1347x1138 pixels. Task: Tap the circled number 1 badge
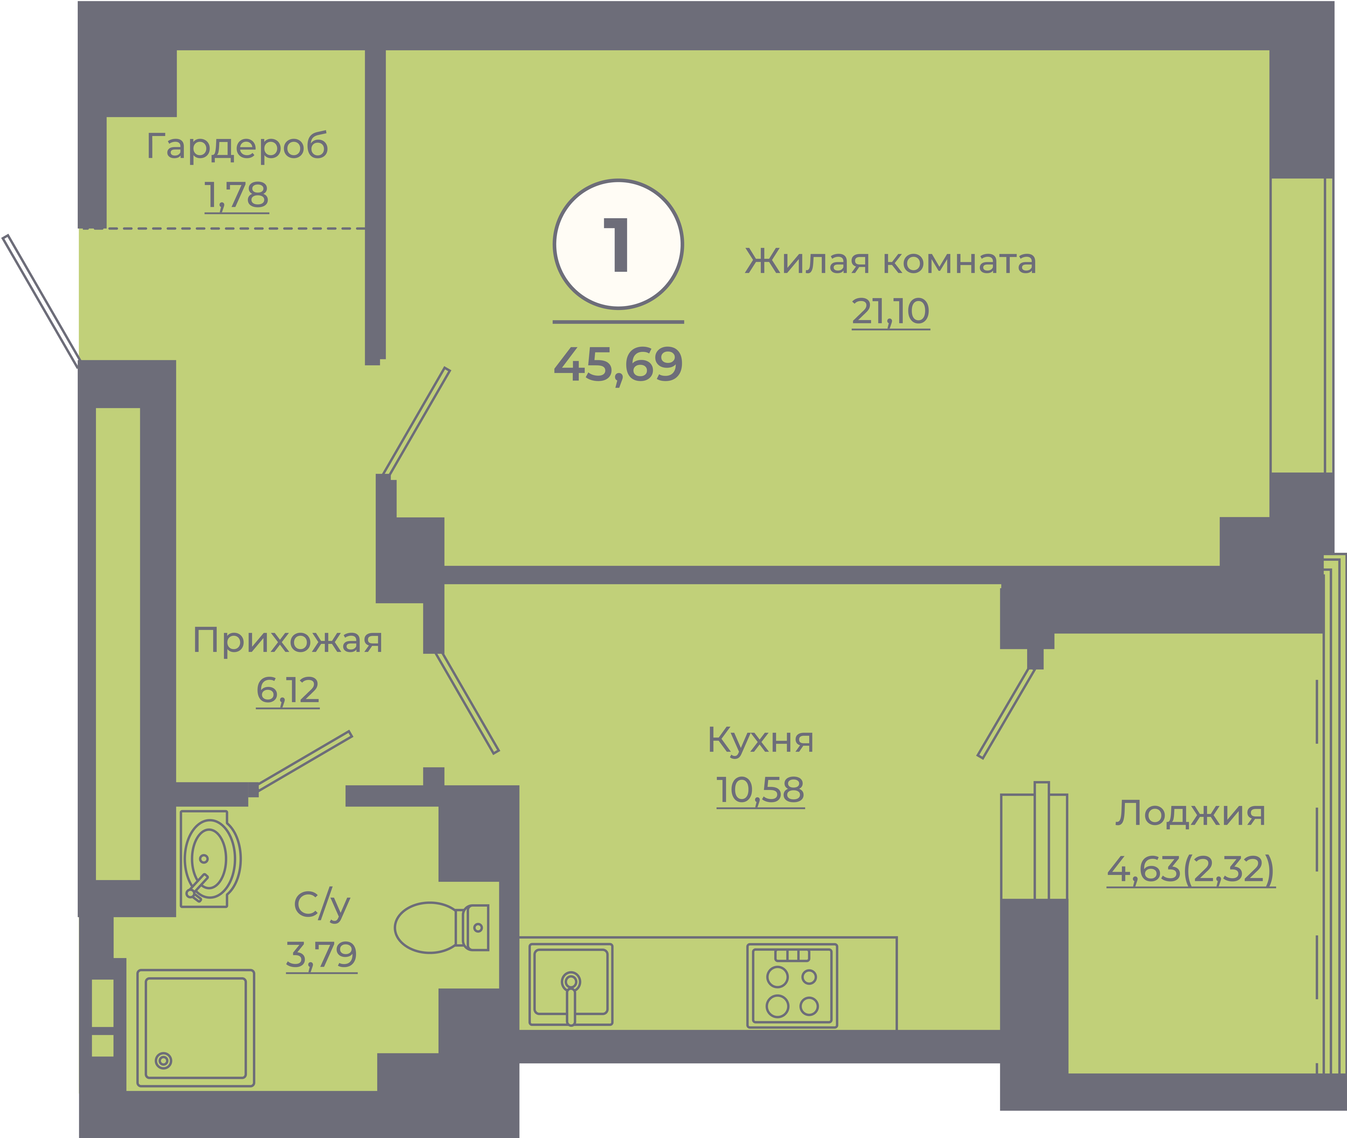[618, 244]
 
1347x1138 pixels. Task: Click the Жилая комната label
[890, 261]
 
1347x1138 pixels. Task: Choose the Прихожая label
[288, 641]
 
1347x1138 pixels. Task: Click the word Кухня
[760, 740]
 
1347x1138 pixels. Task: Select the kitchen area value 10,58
[760, 790]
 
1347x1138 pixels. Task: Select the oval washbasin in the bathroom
[210, 859]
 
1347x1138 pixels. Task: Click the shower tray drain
[164, 1061]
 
